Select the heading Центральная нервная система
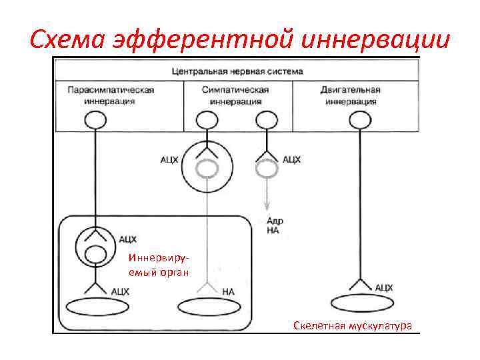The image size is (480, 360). pyautogui.click(x=237, y=71)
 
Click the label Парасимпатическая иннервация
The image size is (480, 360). pyautogui.click(x=111, y=95)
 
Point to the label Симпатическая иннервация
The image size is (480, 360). pyautogui.click(x=236, y=95)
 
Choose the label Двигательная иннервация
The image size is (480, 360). pyautogui.click(x=351, y=95)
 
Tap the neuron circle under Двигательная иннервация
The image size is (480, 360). pyautogui.click(x=360, y=119)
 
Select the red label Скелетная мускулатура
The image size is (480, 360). pyautogui.click(x=353, y=325)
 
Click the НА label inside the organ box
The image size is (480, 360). pyautogui.click(x=228, y=291)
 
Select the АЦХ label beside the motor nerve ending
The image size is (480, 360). pyautogui.click(x=383, y=287)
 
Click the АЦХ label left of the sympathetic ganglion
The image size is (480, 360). pyautogui.click(x=169, y=160)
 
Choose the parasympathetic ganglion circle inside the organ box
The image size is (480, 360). pyautogui.click(x=95, y=245)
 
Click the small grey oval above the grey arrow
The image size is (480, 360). pyautogui.click(x=267, y=169)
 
